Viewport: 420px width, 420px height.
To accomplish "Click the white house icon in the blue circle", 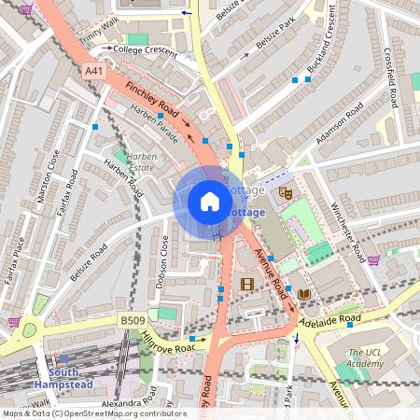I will coord(210,202).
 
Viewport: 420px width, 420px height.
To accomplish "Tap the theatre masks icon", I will coord(286,192).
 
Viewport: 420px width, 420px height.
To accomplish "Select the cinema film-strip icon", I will coord(246,285).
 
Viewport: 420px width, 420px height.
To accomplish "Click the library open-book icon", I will coord(304,294).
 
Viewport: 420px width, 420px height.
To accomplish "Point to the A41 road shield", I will coord(94,71).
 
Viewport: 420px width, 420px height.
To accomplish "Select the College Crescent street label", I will coord(145,50).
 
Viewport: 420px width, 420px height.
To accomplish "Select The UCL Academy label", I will coord(366,358).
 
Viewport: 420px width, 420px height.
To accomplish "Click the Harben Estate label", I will coord(141,162).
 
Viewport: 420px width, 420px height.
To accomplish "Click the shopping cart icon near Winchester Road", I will coord(373,260).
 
